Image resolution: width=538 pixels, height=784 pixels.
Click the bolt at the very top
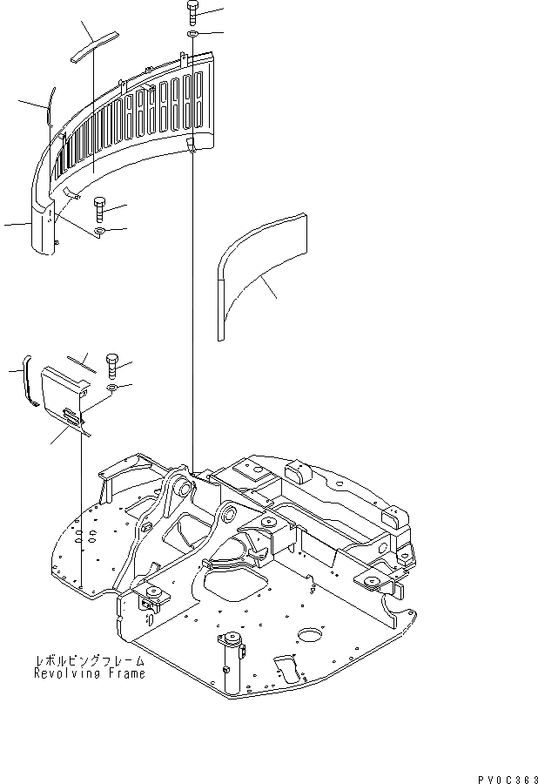(x=193, y=13)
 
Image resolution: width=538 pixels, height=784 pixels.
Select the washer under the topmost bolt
(x=193, y=35)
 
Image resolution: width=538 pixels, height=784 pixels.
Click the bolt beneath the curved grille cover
(x=99, y=206)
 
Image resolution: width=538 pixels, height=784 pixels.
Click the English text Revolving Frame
(x=90, y=673)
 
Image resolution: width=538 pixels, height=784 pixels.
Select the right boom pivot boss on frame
(x=229, y=514)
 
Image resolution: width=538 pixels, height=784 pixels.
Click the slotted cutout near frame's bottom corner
(x=288, y=670)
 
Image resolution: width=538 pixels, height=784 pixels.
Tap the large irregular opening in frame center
(x=235, y=582)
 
